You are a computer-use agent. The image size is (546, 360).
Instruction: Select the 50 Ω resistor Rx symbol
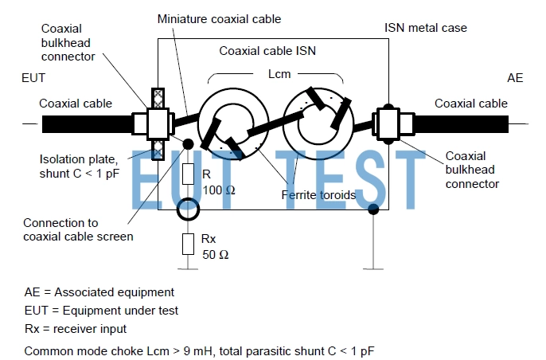[188, 244]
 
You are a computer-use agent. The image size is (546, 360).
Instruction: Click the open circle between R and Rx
[188, 210]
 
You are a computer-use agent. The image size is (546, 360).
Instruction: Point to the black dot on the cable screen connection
[189, 144]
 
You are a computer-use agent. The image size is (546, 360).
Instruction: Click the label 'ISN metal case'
[426, 27]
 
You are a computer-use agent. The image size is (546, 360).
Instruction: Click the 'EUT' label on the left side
[35, 78]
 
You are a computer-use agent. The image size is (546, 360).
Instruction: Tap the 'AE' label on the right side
[515, 78]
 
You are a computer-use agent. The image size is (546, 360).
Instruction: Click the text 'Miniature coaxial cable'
[219, 18]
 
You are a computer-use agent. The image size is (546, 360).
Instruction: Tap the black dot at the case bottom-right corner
[373, 210]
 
